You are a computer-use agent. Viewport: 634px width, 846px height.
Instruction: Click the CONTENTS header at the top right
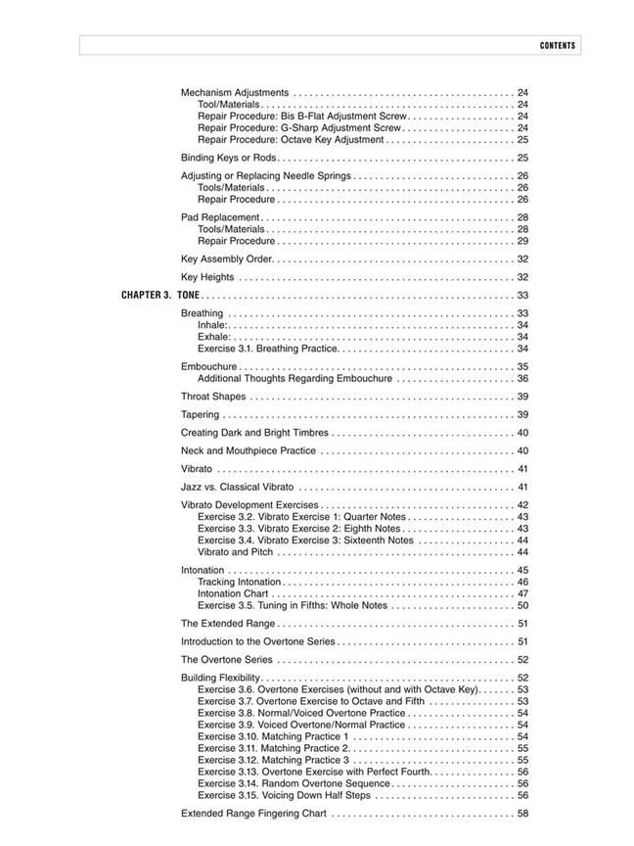coord(557,46)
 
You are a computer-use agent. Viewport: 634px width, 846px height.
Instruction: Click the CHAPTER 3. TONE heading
coord(159,295)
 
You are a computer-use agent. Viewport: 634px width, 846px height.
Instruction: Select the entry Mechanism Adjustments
coord(235,92)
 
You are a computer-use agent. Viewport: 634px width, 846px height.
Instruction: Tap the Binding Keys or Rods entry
coord(229,157)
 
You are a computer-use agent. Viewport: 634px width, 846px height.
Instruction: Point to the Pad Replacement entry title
coord(220,217)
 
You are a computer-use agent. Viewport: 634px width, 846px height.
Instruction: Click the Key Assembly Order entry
coord(227,258)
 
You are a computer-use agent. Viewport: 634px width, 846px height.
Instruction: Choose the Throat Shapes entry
coord(213,397)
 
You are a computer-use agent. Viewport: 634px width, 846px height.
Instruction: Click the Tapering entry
coord(201,415)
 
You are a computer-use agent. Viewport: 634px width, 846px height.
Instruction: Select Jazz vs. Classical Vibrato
coord(238,487)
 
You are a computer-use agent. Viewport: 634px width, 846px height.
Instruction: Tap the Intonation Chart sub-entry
coord(233,593)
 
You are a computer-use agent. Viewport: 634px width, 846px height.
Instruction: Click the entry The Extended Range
coord(228,624)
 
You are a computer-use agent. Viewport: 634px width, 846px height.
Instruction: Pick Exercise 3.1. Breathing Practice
coord(267,349)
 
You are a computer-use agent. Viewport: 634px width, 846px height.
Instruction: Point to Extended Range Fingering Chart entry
coord(253,814)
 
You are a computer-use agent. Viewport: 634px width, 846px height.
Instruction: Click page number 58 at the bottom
coord(522,814)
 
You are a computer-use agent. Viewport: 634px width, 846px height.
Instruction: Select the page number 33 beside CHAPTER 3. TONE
coord(522,295)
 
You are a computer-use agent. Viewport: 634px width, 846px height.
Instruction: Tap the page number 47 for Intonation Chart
coord(522,593)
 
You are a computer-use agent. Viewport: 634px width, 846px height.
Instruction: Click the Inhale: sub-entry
coord(212,325)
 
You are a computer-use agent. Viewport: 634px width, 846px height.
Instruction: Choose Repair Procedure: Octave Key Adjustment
coord(291,139)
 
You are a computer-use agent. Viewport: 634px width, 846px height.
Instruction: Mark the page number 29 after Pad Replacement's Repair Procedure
coord(522,241)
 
